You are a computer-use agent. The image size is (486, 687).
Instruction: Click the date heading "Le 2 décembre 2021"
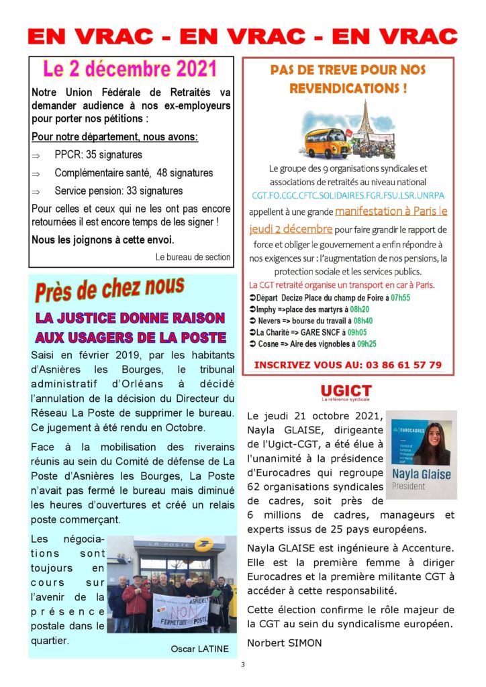(131, 69)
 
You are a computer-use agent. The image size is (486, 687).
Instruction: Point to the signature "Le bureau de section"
(193, 257)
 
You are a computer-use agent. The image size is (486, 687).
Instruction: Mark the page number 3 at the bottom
(243, 665)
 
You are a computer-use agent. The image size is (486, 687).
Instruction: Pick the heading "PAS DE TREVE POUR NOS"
(348, 70)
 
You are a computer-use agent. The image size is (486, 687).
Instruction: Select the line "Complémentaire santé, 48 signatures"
(134, 173)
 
